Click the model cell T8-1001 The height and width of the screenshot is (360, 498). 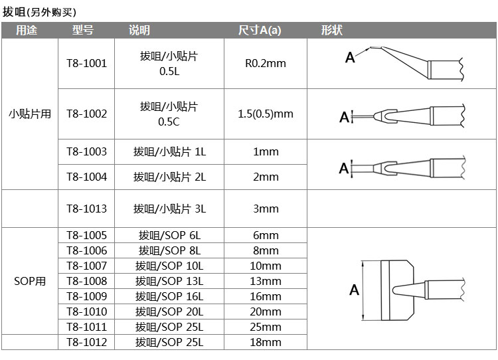tap(87, 63)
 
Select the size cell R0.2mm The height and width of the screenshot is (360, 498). tap(266, 63)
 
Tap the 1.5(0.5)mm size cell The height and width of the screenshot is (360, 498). tap(266, 114)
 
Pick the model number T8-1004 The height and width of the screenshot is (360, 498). tap(87, 177)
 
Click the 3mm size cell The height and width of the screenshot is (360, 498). tap(266, 209)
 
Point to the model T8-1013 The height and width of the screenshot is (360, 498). tap(87, 209)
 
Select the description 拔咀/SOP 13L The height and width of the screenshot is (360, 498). tap(169, 281)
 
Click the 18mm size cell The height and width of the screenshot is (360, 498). tap(266, 342)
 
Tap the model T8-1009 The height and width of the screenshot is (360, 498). tap(87, 296)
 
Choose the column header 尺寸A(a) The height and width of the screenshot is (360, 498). tap(260, 30)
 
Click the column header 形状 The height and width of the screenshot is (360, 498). tap(331, 30)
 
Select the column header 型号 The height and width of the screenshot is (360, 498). tap(83, 30)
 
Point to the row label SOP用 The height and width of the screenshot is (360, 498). tap(30, 281)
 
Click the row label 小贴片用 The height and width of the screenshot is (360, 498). tap(30, 114)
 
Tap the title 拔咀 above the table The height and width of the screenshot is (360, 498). tap(14, 12)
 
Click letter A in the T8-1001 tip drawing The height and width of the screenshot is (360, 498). tap(350, 58)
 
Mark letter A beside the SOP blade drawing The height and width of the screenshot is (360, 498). tap(354, 290)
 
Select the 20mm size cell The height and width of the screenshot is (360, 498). tap(266, 312)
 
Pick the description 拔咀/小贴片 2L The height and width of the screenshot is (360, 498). tap(169, 177)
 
